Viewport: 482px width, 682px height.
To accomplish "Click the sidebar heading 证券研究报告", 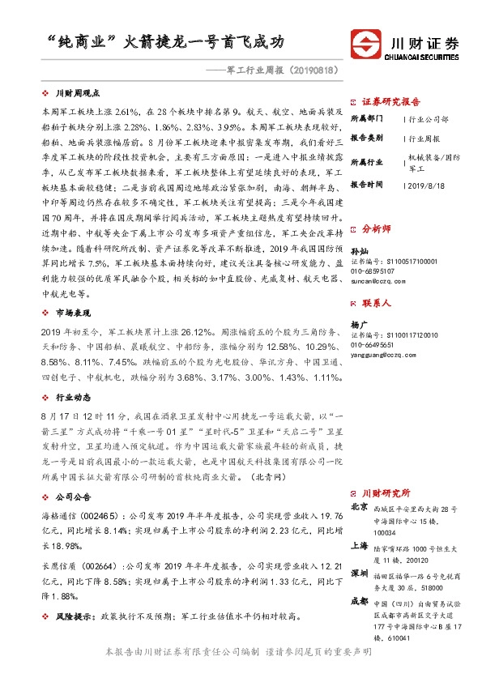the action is [x=391, y=100].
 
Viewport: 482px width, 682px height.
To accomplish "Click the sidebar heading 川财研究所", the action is [x=386, y=492].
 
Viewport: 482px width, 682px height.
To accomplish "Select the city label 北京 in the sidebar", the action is [x=359, y=506].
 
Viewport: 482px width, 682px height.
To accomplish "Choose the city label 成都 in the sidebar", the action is [x=359, y=602].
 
